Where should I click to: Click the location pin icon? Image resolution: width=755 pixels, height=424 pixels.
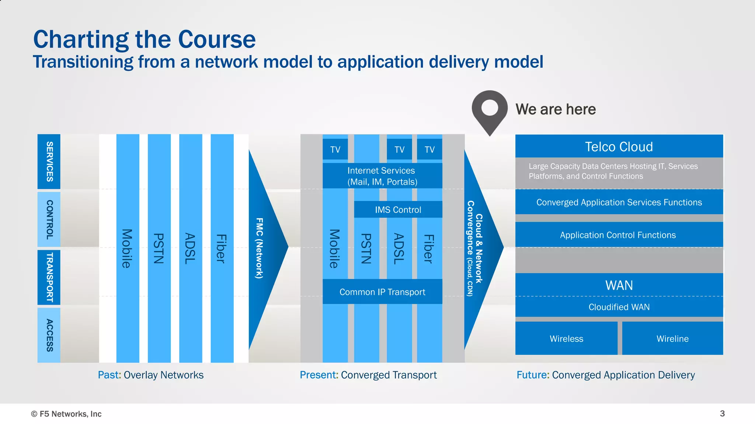(490, 111)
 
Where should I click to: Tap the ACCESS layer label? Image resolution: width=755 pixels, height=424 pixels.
(49, 335)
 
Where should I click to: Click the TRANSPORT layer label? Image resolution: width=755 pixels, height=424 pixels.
(49, 277)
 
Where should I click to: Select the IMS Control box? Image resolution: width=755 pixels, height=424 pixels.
(398, 209)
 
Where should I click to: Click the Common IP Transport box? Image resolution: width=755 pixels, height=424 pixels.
(382, 291)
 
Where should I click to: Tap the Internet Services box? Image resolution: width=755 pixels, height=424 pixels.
(382, 176)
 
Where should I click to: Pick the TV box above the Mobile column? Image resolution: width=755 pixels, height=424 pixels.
(335, 149)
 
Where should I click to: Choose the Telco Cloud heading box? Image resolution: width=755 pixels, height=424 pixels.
(619, 146)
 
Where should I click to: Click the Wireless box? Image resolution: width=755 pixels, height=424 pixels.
(566, 338)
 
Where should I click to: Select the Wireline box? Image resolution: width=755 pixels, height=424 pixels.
(672, 338)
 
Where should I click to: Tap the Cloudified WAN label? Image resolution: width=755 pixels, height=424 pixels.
(619, 307)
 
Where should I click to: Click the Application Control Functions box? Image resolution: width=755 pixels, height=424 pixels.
(618, 235)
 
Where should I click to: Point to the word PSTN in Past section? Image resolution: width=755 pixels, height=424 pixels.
(159, 248)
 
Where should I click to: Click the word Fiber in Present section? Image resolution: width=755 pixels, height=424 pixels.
(428, 248)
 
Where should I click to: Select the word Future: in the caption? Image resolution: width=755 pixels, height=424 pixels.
(533, 375)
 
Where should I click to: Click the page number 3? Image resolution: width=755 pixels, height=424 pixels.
(722, 413)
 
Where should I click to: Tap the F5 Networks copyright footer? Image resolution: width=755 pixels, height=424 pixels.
(66, 414)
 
